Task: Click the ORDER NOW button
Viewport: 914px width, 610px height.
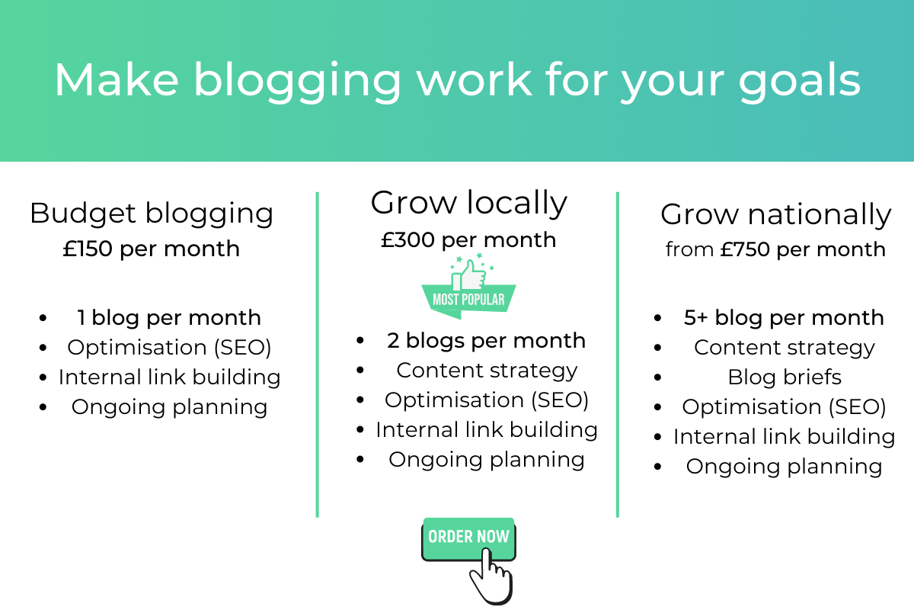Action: coord(468,538)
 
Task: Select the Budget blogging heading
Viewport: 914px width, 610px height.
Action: coord(152,213)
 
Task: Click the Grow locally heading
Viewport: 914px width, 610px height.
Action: coord(468,204)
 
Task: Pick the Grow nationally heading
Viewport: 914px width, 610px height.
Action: coord(775,215)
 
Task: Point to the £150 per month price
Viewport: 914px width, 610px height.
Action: coord(152,249)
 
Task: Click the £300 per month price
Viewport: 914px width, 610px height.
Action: coord(468,239)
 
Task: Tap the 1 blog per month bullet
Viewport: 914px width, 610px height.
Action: coord(168,318)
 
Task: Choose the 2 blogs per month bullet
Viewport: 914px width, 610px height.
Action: coord(486,341)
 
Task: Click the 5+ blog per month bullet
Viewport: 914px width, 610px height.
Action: coord(784,318)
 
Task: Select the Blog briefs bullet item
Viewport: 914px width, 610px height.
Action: coord(785,377)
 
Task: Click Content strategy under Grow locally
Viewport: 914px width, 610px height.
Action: coord(487,371)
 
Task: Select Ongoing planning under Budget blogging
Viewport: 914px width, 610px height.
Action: coord(169,407)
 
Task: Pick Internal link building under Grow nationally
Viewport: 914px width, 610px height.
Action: coord(784,437)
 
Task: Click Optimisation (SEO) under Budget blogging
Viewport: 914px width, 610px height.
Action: coord(169,348)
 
